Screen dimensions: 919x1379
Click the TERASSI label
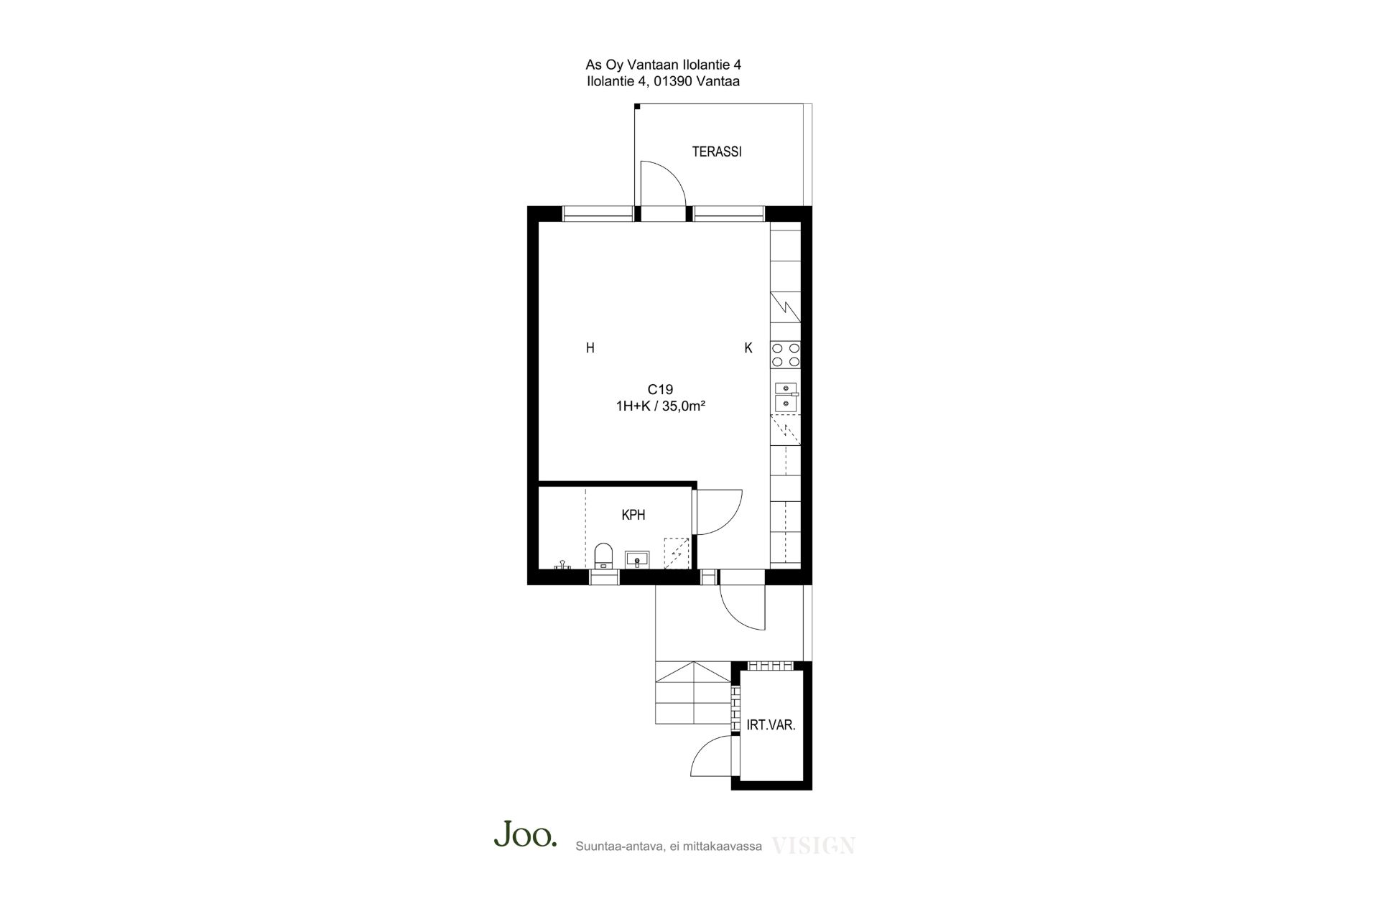pyautogui.click(x=716, y=152)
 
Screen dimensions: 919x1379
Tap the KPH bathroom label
pyautogui.click(x=633, y=515)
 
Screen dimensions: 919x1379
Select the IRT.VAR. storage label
pyautogui.click(x=771, y=725)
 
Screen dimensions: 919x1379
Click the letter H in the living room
pyautogui.click(x=590, y=348)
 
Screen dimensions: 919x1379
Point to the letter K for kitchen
pyautogui.click(x=748, y=348)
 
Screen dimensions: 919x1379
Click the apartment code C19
pyautogui.click(x=660, y=389)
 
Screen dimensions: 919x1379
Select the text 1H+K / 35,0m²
pyautogui.click(x=660, y=406)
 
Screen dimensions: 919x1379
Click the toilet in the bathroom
pyautogui.click(x=603, y=556)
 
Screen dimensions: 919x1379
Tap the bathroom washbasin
pyautogui.click(x=637, y=559)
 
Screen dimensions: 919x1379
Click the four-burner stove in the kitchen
pyautogui.click(x=786, y=355)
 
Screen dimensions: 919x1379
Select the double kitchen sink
pyautogui.click(x=786, y=397)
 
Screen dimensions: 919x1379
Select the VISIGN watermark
pyautogui.click(x=813, y=846)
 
